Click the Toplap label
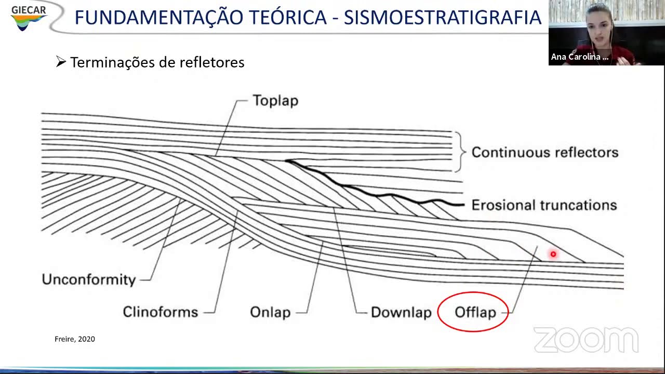pyautogui.click(x=275, y=100)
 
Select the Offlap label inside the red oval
pyautogui.click(x=475, y=312)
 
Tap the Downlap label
pyautogui.click(x=401, y=312)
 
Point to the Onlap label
pyautogui.click(x=270, y=312)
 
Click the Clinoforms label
pyautogui.click(x=160, y=312)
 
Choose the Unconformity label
pyautogui.click(x=88, y=279)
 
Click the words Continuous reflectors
pyautogui.click(x=544, y=152)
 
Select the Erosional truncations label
pyautogui.click(x=543, y=205)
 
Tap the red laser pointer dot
pyautogui.click(x=553, y=254)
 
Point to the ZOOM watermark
pyautogui.click(x=586, y=340)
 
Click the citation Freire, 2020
pyautogui.click(x=75, y=339)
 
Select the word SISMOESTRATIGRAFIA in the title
pyautogui.click(x=443, y=18)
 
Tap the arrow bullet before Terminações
pyautogui.click(x=61, y=62)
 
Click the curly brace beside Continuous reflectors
pyautogui.click(x=459, y=152)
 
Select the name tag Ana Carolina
pyautogui.click(x=579, y=57)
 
